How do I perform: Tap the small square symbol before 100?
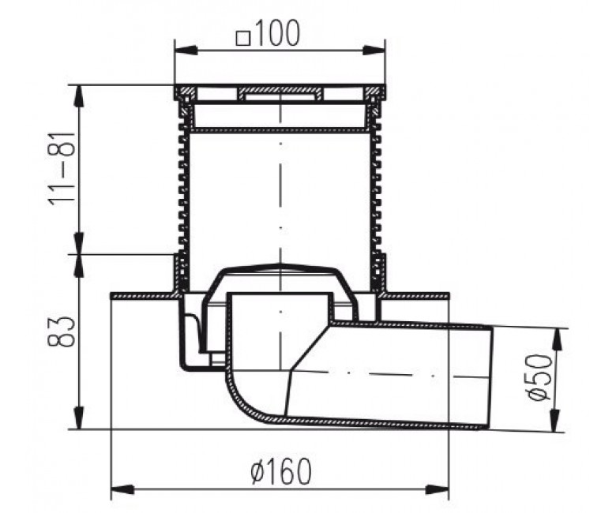pyautogui.click(x=243, y=39)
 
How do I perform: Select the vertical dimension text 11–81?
pyautogui.click(x=62, y=168)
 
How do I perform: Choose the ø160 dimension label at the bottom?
pyautogui.click(x=280, y=471)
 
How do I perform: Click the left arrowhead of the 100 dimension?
pyautogui.click(x=186, y=51)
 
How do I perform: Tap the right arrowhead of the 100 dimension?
pyautogui.click(x=374, y=51)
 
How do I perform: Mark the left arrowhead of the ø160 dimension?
pyautogui.click(x=123, y=489)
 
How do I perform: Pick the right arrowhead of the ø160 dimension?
pyautogui.click(x=437, y=489)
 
